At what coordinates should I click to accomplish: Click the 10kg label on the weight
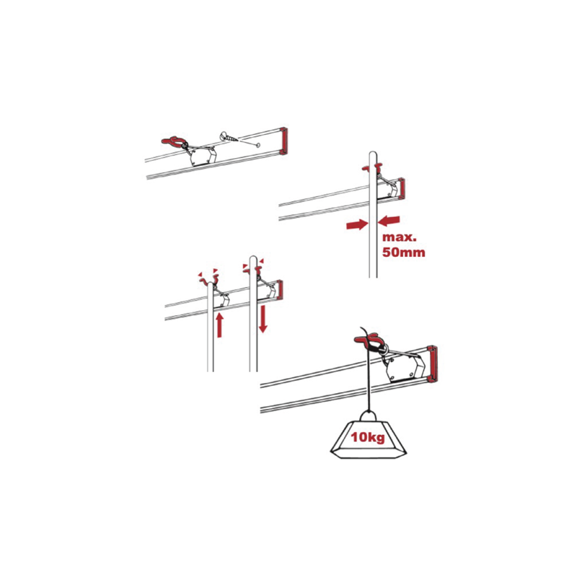368,437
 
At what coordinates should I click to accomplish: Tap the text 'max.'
400,237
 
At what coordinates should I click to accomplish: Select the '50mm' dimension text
404,252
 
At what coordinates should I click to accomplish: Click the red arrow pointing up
219,325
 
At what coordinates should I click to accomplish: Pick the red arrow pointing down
263,319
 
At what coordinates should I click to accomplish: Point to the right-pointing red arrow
357,224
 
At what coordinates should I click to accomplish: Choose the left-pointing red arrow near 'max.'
389,221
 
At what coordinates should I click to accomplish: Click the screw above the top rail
229,137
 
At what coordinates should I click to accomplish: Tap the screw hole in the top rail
257,146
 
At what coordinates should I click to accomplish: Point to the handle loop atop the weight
368,416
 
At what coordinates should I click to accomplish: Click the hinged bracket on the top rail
203,156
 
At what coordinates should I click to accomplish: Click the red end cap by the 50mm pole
402,188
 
